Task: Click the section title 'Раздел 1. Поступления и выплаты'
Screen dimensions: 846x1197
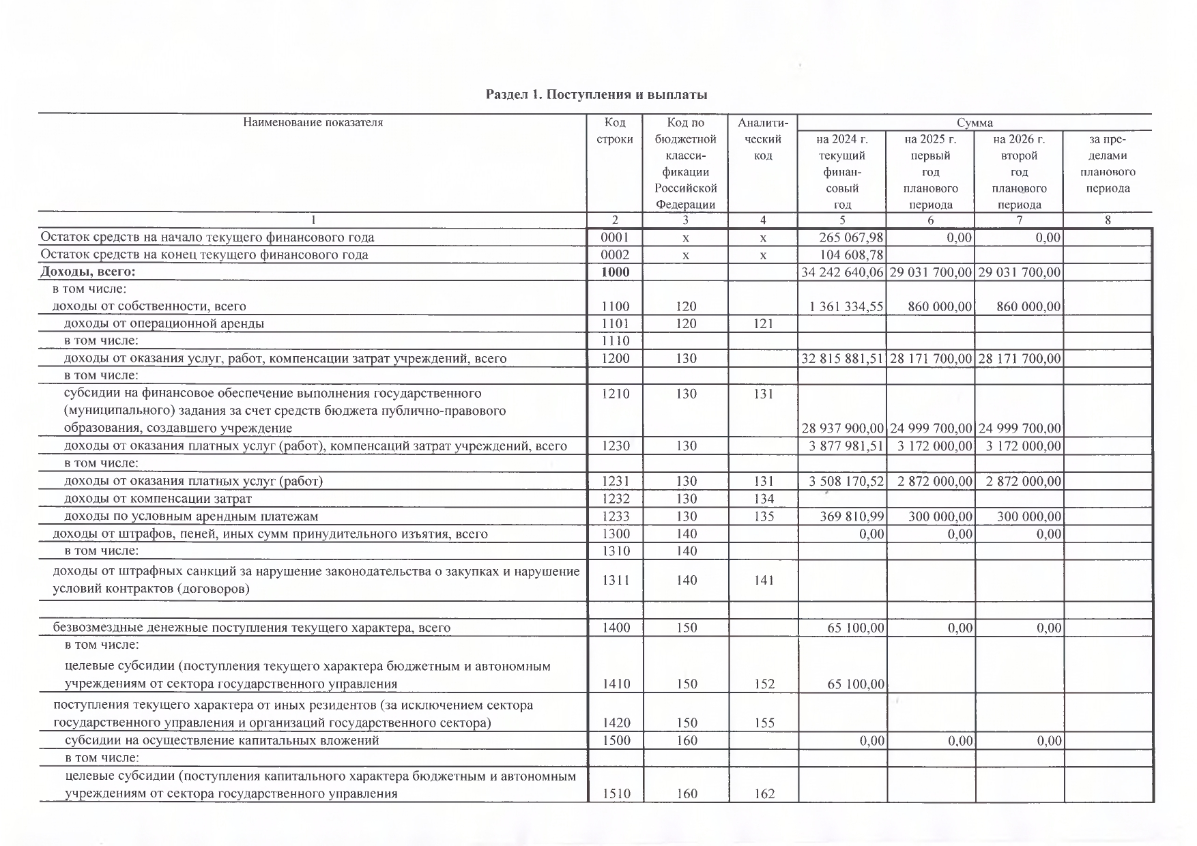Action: [x=596, y=95]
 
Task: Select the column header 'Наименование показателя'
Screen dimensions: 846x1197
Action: [x=313, y=123]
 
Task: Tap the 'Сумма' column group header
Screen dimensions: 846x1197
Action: [x=974, y=123]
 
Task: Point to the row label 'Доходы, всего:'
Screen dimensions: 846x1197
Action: [x=89, y=272]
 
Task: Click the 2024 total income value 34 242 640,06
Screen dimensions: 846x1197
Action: [x=842, y=272]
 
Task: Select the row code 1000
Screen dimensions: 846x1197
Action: [x=615, y=272]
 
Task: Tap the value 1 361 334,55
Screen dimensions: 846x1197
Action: [x=846, y=307]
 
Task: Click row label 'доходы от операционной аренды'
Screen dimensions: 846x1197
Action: [x=164, y=324]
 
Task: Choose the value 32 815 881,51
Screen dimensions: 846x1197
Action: [x=842, y=359]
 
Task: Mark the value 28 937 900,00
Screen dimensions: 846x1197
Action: [x=842, y=428]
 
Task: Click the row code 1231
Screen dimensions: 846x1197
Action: [x=615, y=482]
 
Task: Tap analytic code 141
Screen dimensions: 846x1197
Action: [x=764, y=581]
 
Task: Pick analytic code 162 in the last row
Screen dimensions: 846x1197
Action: [x=764, y=794]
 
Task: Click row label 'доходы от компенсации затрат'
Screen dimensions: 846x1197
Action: [x=158, y=499]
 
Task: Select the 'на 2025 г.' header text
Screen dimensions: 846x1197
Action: [x=930, y=140]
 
